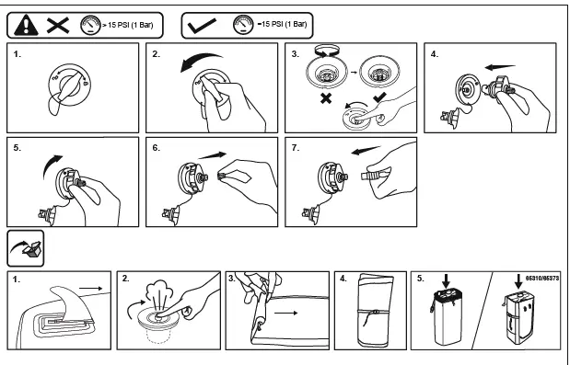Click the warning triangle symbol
pos(26,26)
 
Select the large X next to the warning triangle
pos(58,26)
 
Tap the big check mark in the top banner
pos(202,26)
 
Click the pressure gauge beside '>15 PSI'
pos(90,26)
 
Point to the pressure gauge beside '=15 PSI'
pos(243,25)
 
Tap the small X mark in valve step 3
pos(326,98)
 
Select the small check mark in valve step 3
pos(380,97)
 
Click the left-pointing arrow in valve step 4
pos(500,67)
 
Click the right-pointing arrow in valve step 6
pos(213,155)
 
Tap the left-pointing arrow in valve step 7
pos(366,150)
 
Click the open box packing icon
pos(26,248)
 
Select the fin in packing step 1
pos(73,303)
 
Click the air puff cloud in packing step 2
pos(158,290)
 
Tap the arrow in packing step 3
pos(285,313)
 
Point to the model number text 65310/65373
pos(542,279)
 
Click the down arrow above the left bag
pos(447,280)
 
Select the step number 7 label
pos(296,148)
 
